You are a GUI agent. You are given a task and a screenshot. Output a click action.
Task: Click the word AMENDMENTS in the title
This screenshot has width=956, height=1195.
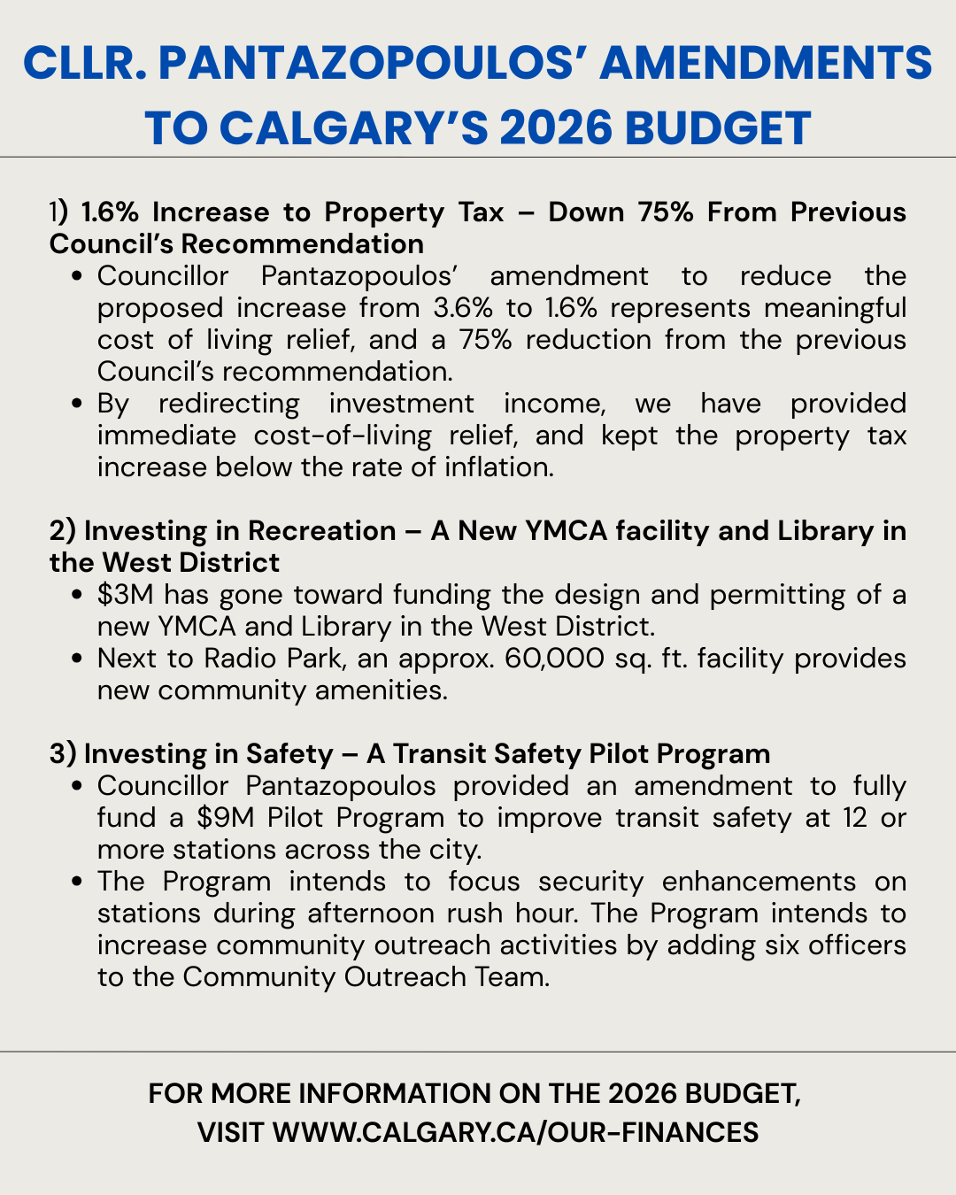click(x=769, y=65)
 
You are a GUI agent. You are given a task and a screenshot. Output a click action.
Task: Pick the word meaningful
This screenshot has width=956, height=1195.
click(x=835, y=307)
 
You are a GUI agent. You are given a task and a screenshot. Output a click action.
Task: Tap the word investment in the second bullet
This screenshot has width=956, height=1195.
click(x=403, y=403)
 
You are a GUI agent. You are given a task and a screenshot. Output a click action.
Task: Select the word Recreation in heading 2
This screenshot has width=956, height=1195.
click(x=321, y=530)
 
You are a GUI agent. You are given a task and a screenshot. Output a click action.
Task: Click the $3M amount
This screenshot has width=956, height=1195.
click(x=126, y=594)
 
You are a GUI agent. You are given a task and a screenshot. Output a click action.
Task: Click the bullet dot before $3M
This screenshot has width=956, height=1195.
click(x=81, y=595)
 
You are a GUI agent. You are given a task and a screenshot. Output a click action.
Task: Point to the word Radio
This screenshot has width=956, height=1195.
click(x=234, y=658)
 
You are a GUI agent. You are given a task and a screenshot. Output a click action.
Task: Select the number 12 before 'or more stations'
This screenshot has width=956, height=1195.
click(x=854, y=817)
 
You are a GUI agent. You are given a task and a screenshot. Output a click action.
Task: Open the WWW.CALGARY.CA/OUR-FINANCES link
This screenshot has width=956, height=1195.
click(x=515, y=1132)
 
